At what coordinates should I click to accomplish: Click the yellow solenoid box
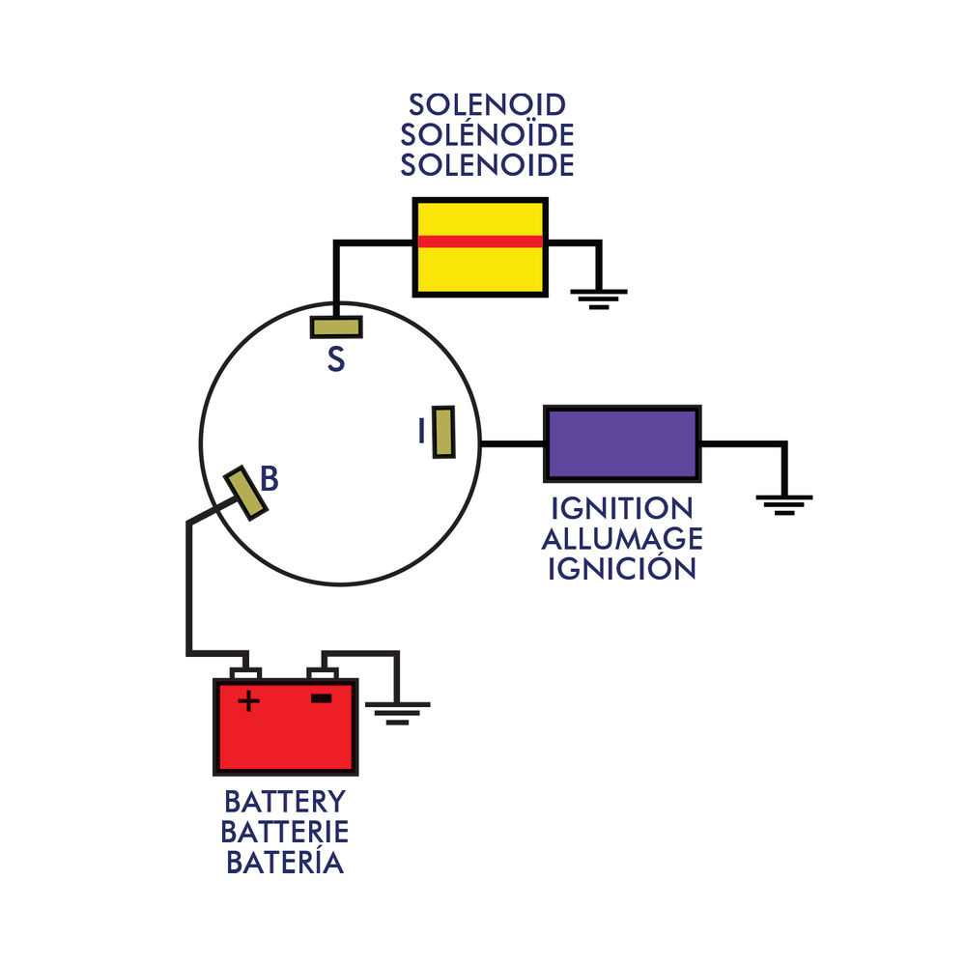click(480, 269)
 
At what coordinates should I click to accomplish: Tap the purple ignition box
click(622, 443)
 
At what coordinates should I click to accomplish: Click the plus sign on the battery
click(248, 700)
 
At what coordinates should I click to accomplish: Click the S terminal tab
click(336, 327)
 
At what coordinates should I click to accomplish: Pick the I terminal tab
click(443, 432)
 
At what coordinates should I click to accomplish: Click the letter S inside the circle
click(335, 360)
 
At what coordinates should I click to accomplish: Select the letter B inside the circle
click(270, 478)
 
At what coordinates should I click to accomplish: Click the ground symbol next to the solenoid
click(600, 297)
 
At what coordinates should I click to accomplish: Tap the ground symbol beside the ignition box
click(784, 503)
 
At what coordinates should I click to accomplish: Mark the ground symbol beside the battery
click(397, 713)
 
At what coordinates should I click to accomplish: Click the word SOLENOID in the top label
click(487, 104)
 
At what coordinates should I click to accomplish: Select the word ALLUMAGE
click(621, 538)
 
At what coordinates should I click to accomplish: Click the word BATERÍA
click(285, 862)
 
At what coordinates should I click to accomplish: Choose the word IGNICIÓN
click(621, 568)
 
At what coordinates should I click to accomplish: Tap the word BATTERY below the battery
click(285, 802)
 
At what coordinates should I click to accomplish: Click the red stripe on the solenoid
click(480, 241)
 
